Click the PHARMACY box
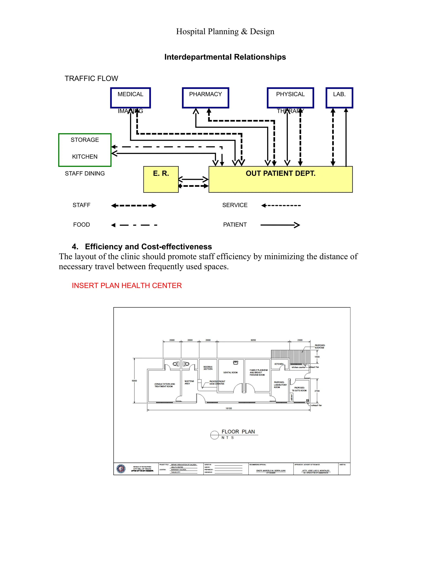(206, 98)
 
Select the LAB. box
(339, 98)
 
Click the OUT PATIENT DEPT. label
(280, 173)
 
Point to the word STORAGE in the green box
(85, 140)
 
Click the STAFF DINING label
(85, 173)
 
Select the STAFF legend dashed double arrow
(134, 206)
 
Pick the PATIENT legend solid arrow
(280, 225)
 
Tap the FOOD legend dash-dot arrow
(134, 225)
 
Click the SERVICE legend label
(235, 205)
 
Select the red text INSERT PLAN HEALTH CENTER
(127, 285)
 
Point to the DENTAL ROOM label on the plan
(230, 372)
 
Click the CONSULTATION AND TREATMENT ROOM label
(164, 385)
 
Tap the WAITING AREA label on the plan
(189, 382)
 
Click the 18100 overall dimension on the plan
(229, 408)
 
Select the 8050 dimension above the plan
(253, 340)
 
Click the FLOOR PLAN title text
(238, 431)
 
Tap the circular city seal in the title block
(121, 469)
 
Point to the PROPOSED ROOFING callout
(320, 346)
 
